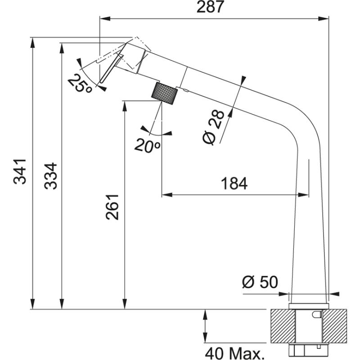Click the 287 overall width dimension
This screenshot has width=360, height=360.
(210, 8)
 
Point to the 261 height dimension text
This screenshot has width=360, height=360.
(112, 207)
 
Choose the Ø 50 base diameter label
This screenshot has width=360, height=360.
(260, 282)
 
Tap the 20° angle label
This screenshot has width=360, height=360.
(147, 145)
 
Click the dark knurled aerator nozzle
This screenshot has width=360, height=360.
(165, 93)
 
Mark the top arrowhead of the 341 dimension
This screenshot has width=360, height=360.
(32, 43)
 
